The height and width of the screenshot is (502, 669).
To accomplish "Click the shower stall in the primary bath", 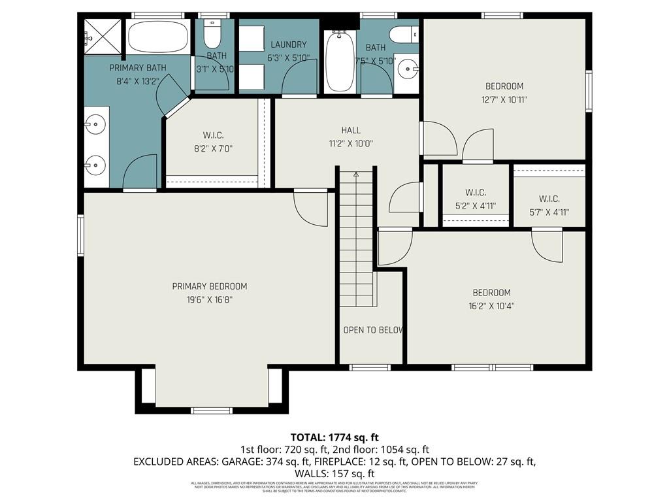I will (x=103, y=37).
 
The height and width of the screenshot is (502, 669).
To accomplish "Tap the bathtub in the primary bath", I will (x=159, y=37).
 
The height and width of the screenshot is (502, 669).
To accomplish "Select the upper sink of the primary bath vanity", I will (x=96, y=123).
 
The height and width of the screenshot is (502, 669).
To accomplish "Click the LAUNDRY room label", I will (x=288, y=44).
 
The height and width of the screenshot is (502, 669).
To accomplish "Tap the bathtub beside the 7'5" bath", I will (x=339, y=61).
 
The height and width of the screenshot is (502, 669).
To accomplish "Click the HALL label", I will (x=351, y=130).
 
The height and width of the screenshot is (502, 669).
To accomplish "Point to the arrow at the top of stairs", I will (x=356, y=175).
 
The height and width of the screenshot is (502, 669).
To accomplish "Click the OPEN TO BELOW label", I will (x=372, y=330).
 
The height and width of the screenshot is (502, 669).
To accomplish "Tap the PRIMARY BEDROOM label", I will (x=209, y=286).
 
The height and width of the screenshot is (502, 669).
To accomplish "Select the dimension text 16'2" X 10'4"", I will (x=492, y=305).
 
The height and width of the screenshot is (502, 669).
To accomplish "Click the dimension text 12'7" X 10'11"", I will (x=504, y=99).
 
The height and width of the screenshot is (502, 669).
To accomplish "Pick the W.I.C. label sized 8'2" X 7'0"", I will (x=213, y=135).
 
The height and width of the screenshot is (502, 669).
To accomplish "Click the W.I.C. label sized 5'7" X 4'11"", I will (x=549, y=199).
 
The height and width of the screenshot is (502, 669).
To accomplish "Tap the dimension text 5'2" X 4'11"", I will (x=476, y=205).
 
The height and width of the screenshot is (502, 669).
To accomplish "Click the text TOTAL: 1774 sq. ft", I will (x=334, y=437).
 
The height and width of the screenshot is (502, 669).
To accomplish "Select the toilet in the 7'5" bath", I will (x=402, y=34).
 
